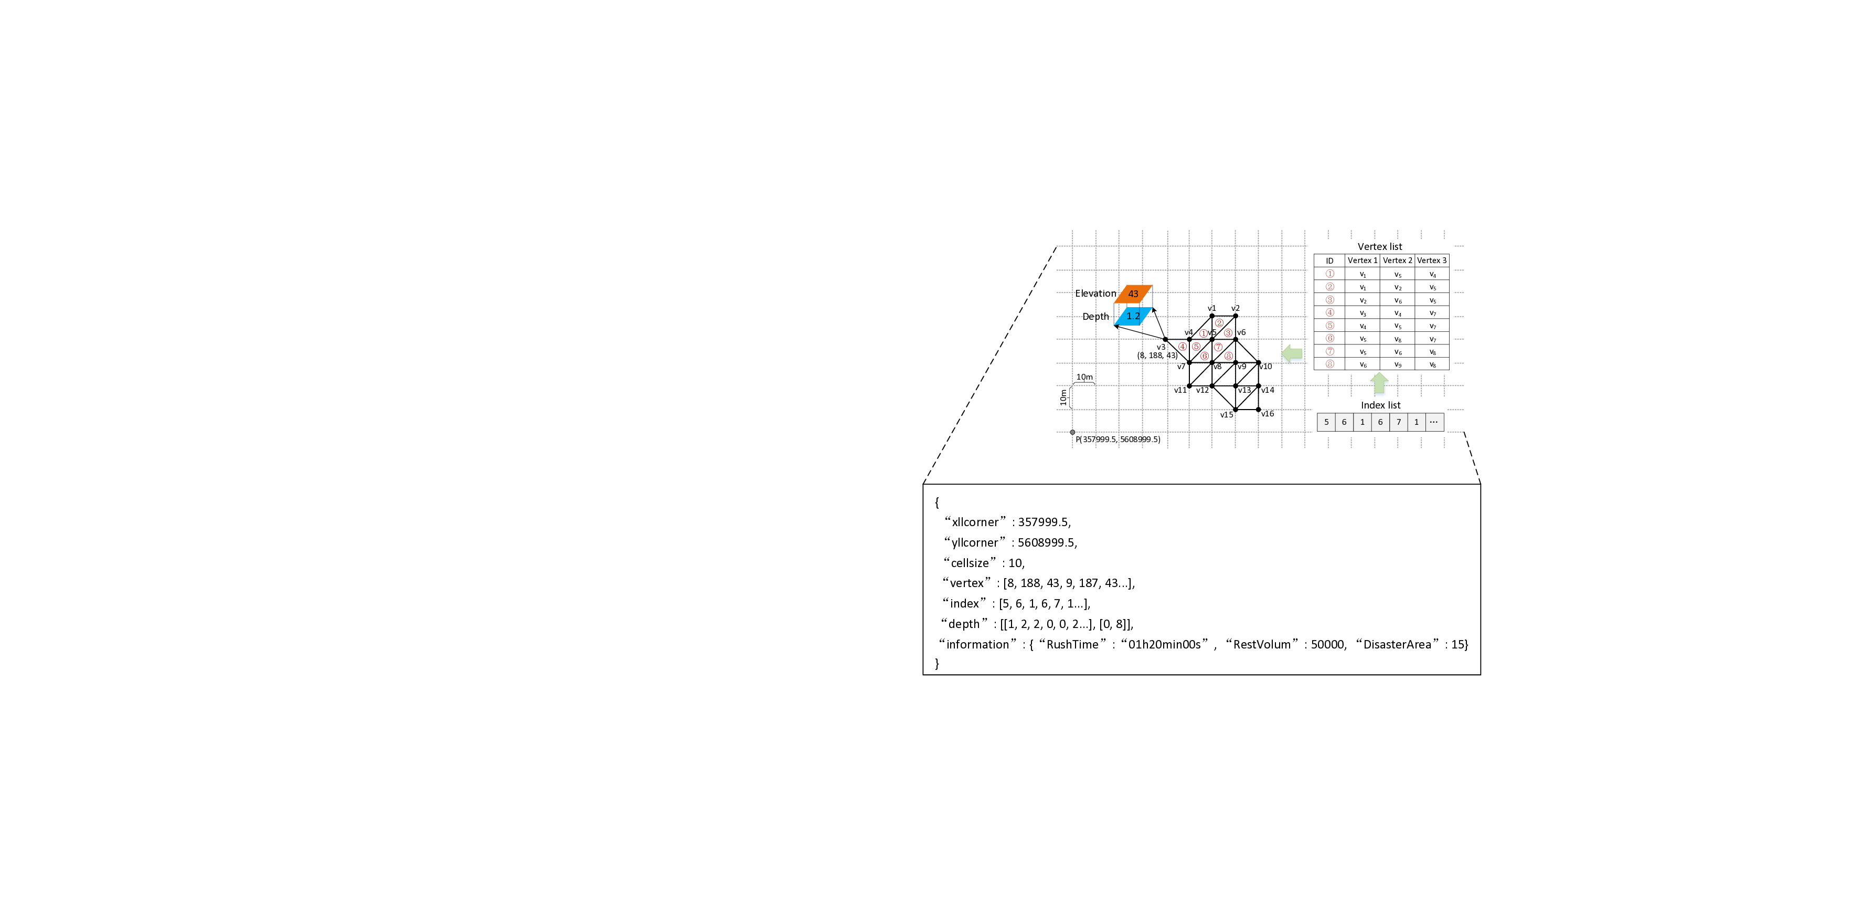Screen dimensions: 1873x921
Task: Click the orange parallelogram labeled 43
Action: pyautogui.click(x=1133, y=294)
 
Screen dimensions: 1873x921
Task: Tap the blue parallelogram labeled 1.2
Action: pyautogui.click(x=1133, y=316)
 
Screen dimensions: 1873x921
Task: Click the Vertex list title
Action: pyautogui.click(x=1379, y=247)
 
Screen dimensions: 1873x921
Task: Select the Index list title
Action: pyautogui.click(x=1380, y=405)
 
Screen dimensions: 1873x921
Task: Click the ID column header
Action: pyautogui.click(x=1329, y=260)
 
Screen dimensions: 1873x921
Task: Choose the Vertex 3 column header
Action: pyautogui.click(x=1432, y=260)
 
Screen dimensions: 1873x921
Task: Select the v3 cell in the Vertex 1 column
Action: pyautogui.click(x=1363, y=313)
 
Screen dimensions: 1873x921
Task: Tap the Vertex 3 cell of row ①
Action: pyautogui.click(x=1432, y=274)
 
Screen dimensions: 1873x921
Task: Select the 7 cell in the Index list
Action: pyautogui.click(x=1398, y=422)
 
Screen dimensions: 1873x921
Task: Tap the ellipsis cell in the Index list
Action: pyautogui.click(x=1434, y=422)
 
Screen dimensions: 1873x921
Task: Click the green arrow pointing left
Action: pyautogui.click(x=1292, y=354)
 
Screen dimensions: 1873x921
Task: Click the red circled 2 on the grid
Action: pyautogui.click(x=1219, y=323)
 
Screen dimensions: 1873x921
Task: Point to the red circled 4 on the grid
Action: pyautogui.click(x=1182, y=346)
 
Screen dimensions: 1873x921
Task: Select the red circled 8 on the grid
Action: pyautogui.click(x=1228, y=355)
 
